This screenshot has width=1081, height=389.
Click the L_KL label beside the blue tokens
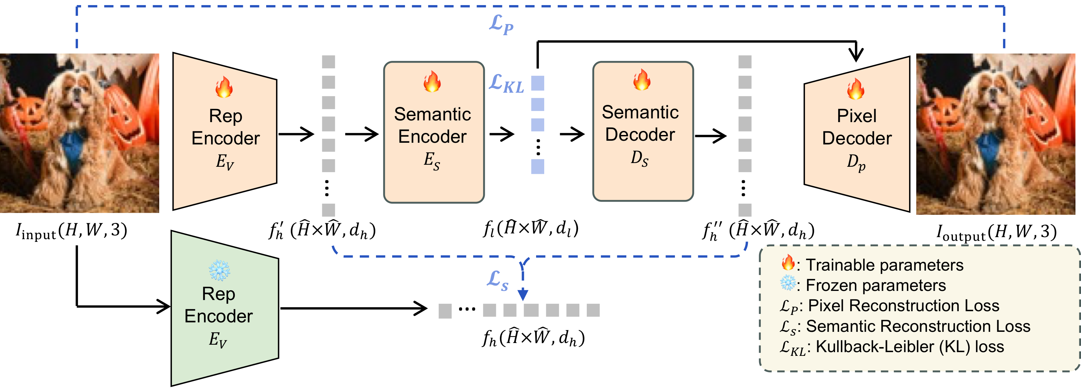[x=506, y=84]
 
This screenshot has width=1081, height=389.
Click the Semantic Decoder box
[x=643, y=131]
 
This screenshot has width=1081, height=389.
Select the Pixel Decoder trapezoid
[x=856, y=134]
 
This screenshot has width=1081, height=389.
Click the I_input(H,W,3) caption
[x=71, y=230]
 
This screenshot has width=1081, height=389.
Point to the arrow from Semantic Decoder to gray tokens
[x=710, y=136]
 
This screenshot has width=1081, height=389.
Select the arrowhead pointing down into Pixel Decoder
[x=856, y=54]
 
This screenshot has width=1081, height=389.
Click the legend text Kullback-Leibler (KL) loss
[x=909, y=347]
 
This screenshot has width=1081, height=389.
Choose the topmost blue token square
[x=537, y=83]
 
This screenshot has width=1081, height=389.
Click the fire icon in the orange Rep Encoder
[x=224, y=87]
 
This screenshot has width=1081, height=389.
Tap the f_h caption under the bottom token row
[x=533, y=338]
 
